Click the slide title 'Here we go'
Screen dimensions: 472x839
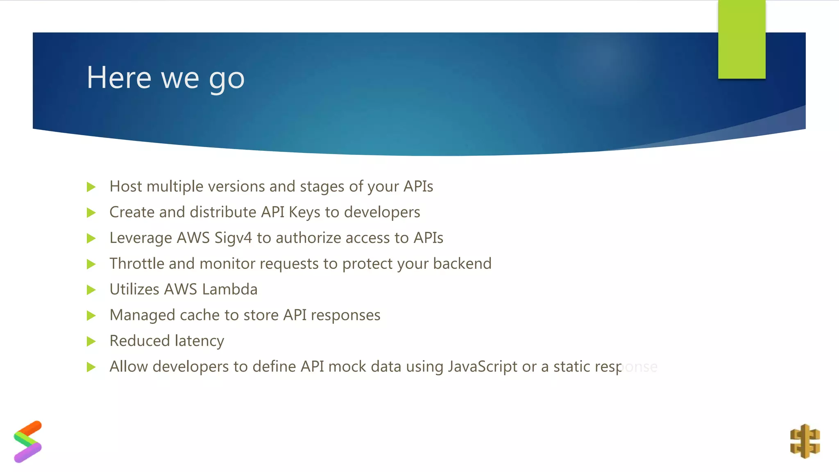(166, 78)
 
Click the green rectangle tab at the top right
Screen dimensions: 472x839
(741, 39)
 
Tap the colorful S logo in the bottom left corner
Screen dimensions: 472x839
(28, 442)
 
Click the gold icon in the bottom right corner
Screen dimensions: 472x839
(805, 441)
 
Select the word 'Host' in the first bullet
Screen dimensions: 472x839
(125, 186)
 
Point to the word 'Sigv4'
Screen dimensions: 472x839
(233, 238)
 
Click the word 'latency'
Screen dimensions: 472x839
(199, 341)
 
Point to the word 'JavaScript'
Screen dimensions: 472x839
(482, 367)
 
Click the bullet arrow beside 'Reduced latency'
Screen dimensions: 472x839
(91, 341)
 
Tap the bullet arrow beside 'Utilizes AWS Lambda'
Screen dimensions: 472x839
(91, 290)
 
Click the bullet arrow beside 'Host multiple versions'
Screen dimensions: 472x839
(91, 187)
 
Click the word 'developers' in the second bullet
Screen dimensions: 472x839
(382, 212)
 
